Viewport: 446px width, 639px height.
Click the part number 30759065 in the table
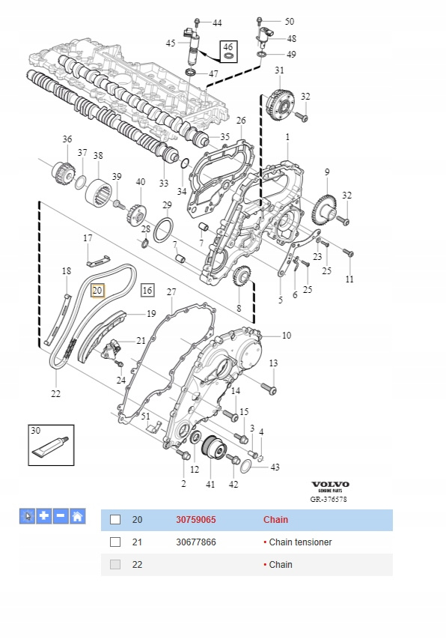tap(196, 520)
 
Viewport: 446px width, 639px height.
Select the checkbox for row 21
tap(115, 542)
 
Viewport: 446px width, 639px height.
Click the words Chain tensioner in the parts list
tap(300, 542)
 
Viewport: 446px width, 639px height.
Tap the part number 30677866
tap(196, 542)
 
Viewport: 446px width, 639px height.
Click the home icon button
tap(77, 516)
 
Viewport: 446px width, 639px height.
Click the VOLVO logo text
tap(330, 485)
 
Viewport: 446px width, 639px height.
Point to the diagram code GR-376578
tap(329, 499)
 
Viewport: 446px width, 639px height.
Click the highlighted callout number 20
tap(98, 291)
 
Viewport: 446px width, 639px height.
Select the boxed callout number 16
tap(147, 290)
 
